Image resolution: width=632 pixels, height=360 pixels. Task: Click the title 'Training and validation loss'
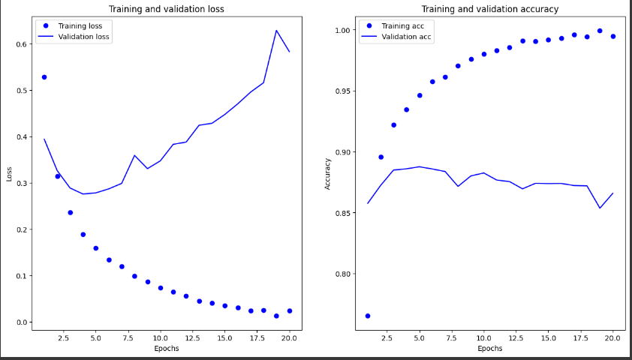point(167,9)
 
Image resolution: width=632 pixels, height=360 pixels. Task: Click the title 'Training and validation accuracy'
point(489,9)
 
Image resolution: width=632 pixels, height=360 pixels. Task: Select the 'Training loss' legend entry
point(73,26)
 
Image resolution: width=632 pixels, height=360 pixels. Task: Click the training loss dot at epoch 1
point(44,77)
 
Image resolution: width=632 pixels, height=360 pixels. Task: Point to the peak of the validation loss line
point(276,30)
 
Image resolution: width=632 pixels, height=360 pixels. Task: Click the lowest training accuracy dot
point(368,316)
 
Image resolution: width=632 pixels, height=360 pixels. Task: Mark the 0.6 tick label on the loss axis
point(23,44)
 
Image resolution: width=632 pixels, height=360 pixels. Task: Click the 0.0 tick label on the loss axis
point(23,322)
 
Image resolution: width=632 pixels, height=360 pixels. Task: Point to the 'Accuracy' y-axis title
point(328,174)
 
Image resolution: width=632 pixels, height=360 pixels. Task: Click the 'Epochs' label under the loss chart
point(167,349)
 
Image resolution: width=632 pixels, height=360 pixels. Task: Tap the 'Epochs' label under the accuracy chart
point(489,349)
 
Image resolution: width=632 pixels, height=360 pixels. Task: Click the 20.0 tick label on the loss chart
point(290,337)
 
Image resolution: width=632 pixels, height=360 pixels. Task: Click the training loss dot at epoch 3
point(70,212)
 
